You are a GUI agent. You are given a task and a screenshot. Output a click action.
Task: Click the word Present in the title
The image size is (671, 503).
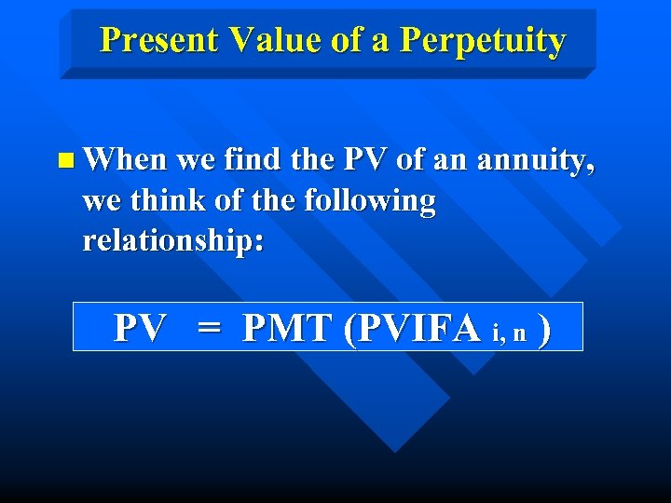click(x=158, y=40)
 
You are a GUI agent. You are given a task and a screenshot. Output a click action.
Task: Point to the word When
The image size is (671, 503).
click(x=124, y=160)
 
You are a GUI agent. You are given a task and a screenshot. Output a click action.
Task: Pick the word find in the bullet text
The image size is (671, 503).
click(x=251, y=160)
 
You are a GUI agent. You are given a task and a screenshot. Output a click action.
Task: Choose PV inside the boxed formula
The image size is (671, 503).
click(x=140, y=328)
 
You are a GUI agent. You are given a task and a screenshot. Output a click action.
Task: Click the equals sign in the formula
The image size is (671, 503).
click(x=209, y=329)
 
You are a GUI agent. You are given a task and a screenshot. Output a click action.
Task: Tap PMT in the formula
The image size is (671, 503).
click(x=287, y=328)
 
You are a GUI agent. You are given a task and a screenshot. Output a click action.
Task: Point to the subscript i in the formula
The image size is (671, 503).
click(x=495, y=333)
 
